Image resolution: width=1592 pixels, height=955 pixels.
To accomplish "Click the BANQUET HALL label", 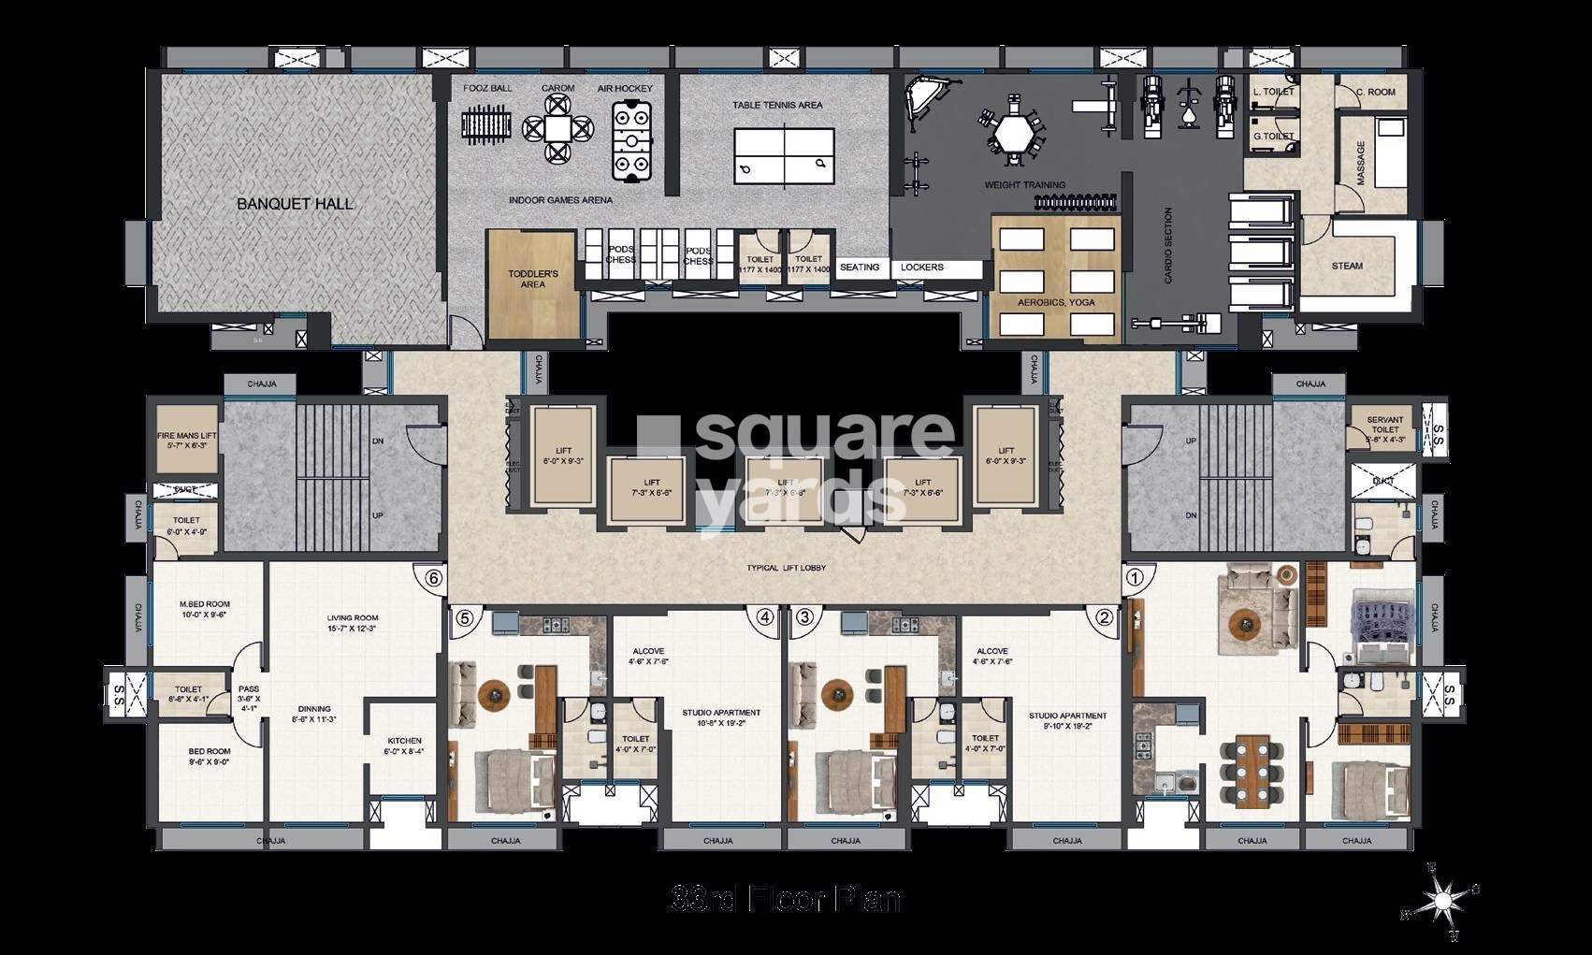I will click(x=295, y=203).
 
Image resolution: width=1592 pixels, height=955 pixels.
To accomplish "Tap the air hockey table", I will click(x=631, y=141).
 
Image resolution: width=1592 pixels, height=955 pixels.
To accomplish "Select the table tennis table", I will click(x=782, y=154).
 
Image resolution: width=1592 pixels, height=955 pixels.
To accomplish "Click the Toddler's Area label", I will click(x=532, y=279).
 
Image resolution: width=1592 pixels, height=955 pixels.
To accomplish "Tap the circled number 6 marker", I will click(x=433, y=578).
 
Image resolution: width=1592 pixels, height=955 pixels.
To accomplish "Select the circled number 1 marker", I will click(x=1135, y=578).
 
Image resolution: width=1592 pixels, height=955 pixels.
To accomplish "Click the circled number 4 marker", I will click(x=766, y=617).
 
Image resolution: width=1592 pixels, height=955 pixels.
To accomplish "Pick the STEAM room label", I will click(x=1347, y=266).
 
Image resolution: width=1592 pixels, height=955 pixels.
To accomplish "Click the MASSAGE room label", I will click(x=1361, y=163).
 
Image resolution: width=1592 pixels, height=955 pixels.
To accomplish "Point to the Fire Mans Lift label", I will click(x=187, y=441).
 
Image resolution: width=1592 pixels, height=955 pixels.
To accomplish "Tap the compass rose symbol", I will click(x=1441, y=901).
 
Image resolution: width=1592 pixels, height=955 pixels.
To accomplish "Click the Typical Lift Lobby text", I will click(x=786, y=568).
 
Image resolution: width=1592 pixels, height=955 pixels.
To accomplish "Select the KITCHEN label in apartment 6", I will click(x=403, y=745).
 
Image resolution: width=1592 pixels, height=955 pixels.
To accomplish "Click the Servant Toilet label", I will click(x=1384, y=425).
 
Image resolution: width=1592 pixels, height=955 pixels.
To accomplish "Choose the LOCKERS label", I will click(x=921, y=268).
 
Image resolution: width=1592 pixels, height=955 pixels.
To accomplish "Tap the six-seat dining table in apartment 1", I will click(x=1251, y=771).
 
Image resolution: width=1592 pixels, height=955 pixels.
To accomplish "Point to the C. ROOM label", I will click(x=1377, y=92).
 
